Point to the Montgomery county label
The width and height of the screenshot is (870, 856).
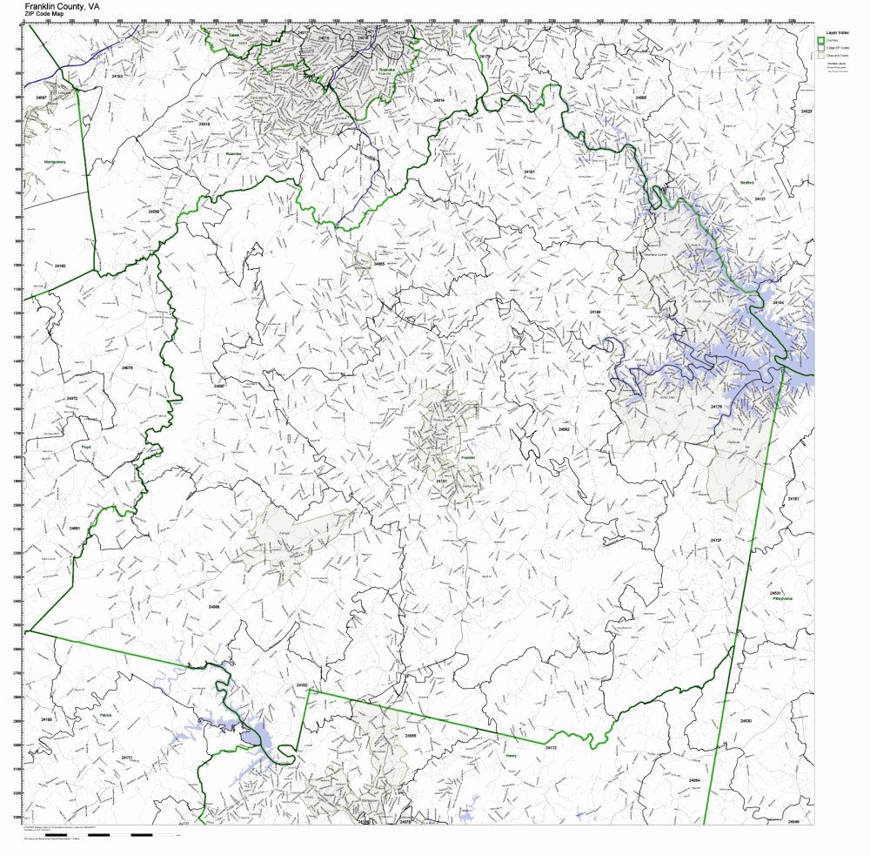(56, 161)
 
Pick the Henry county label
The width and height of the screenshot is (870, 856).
(511, 756)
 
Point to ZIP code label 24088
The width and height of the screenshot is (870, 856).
(214, 606)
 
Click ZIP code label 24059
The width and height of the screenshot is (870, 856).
(154, 212)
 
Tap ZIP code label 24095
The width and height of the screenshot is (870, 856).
(641, 98)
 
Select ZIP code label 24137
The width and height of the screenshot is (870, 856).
(716, 540)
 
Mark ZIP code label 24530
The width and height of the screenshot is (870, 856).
(746, 721)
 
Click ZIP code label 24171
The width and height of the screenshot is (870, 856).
(127, 758)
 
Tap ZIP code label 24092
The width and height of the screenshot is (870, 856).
(564, 429)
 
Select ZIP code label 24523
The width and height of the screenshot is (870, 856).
(806, 111)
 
